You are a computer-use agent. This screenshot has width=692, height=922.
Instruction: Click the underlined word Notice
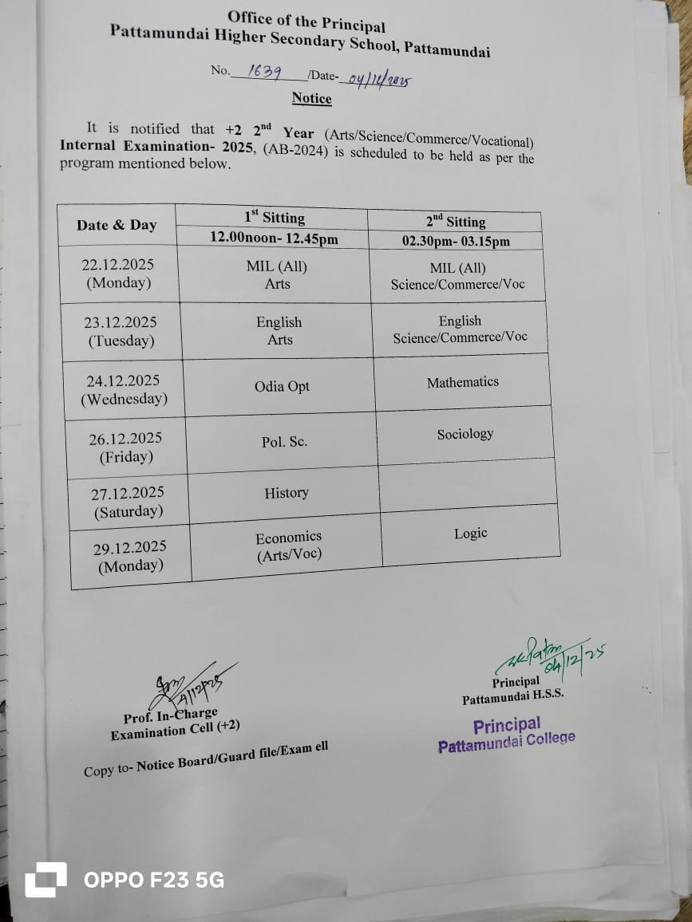(311, 98)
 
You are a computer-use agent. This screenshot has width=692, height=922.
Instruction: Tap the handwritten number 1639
(264, 71)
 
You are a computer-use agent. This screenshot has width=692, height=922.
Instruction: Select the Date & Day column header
(117, 225)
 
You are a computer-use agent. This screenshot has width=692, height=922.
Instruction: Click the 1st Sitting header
(275, 217)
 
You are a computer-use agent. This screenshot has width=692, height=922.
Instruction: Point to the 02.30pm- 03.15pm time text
(456, 241)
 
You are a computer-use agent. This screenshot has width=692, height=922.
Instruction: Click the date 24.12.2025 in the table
(123, 380)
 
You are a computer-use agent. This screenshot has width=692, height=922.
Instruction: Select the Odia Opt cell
(282, 387)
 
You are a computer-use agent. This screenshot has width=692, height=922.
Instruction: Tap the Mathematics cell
(462, 382)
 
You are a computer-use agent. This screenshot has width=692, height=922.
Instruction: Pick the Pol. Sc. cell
(284, 442)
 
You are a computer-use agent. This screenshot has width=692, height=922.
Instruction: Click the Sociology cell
(465, 434)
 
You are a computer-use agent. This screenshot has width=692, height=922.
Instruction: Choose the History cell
(287, 493)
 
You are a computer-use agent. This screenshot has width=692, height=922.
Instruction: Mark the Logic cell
(470, 534)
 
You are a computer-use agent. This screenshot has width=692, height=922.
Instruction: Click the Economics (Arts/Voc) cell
(289, 546)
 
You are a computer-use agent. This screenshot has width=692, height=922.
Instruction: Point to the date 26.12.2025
(125, 438)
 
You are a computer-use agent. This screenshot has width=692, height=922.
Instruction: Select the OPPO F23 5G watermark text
(154, 880)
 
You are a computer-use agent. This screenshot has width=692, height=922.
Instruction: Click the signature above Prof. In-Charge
(188, 684)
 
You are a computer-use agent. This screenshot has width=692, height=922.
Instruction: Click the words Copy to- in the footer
(109, 770)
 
